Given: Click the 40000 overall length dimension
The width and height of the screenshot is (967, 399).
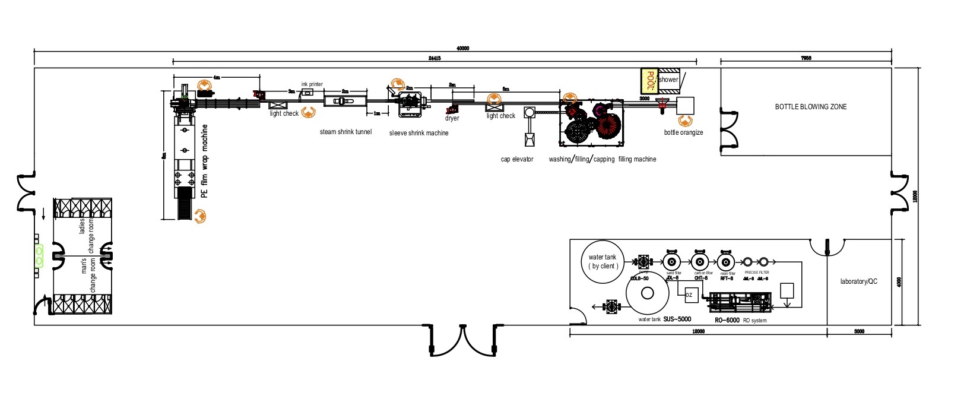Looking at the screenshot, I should [462, 48].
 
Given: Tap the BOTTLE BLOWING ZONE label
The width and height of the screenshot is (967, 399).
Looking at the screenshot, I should [810, 107].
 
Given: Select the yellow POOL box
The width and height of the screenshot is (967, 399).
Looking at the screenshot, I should [649, 80].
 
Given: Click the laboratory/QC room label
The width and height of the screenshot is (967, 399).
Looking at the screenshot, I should [858, 281].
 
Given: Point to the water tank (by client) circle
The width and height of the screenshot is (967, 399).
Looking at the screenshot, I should [603, 261].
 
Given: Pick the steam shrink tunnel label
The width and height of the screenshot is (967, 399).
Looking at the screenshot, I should [345, 132].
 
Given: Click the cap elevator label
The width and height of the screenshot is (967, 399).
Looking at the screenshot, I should [517, 159].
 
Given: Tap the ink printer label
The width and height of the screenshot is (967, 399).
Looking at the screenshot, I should [312, 84].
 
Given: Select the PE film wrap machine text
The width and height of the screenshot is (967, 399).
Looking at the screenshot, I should [205, 161].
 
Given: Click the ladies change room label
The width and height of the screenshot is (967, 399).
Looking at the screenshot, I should [87, 235].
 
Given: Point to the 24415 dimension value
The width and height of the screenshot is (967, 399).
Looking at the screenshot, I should [434, 58].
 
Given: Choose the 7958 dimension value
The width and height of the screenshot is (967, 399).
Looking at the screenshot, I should [806, 58].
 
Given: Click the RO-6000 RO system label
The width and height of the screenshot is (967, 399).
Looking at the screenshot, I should [740, 320].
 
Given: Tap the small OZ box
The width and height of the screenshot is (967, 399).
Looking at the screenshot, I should [689, 294].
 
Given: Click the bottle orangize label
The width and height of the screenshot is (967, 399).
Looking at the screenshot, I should [683, 132].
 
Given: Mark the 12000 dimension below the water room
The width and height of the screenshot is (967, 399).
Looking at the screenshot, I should [698, 331].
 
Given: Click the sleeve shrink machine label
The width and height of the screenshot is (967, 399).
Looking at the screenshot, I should [418, 133].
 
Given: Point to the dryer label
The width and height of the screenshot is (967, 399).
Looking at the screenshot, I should [452, 118].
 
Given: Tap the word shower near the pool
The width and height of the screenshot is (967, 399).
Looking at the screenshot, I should [668, 80].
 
